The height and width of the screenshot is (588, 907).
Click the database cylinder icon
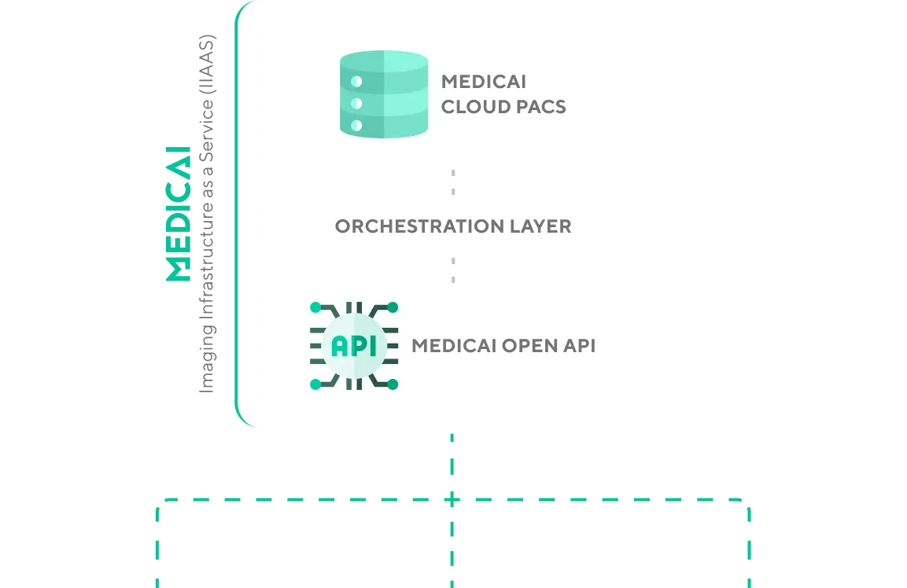tap(384, 94)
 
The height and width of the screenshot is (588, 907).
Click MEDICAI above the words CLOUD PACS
tap(483, 82)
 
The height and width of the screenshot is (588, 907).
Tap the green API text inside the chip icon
tap(354, 346)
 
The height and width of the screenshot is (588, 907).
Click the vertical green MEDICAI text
tap(179, 213)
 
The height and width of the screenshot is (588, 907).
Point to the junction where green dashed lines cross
tap(453, 499)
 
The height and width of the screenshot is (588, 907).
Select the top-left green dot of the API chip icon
tap(315, 307)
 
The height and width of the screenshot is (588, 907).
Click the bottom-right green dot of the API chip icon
tap(393, 384)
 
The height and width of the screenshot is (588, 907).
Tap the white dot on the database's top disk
tap(356, 81)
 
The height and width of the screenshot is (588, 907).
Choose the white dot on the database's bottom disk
tap(356, 125)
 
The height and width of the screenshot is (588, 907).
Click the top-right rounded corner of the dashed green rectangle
tap(743, 505)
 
